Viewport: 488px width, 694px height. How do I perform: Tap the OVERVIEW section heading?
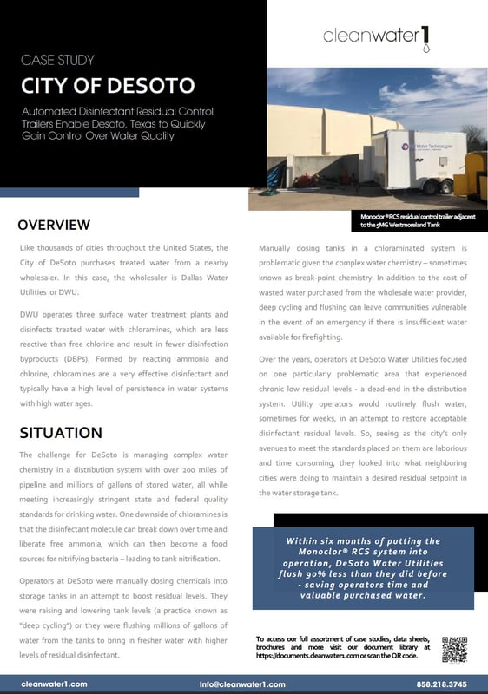click(54, 225)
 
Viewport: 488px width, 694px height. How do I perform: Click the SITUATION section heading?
click(60, 432)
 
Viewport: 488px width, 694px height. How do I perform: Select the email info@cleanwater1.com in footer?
click(242, 684)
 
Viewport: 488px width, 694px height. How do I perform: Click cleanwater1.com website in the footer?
click(54, 684)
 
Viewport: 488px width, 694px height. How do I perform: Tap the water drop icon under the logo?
click(425, 50)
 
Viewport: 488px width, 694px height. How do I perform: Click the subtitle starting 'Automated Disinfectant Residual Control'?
click(117, 126)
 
